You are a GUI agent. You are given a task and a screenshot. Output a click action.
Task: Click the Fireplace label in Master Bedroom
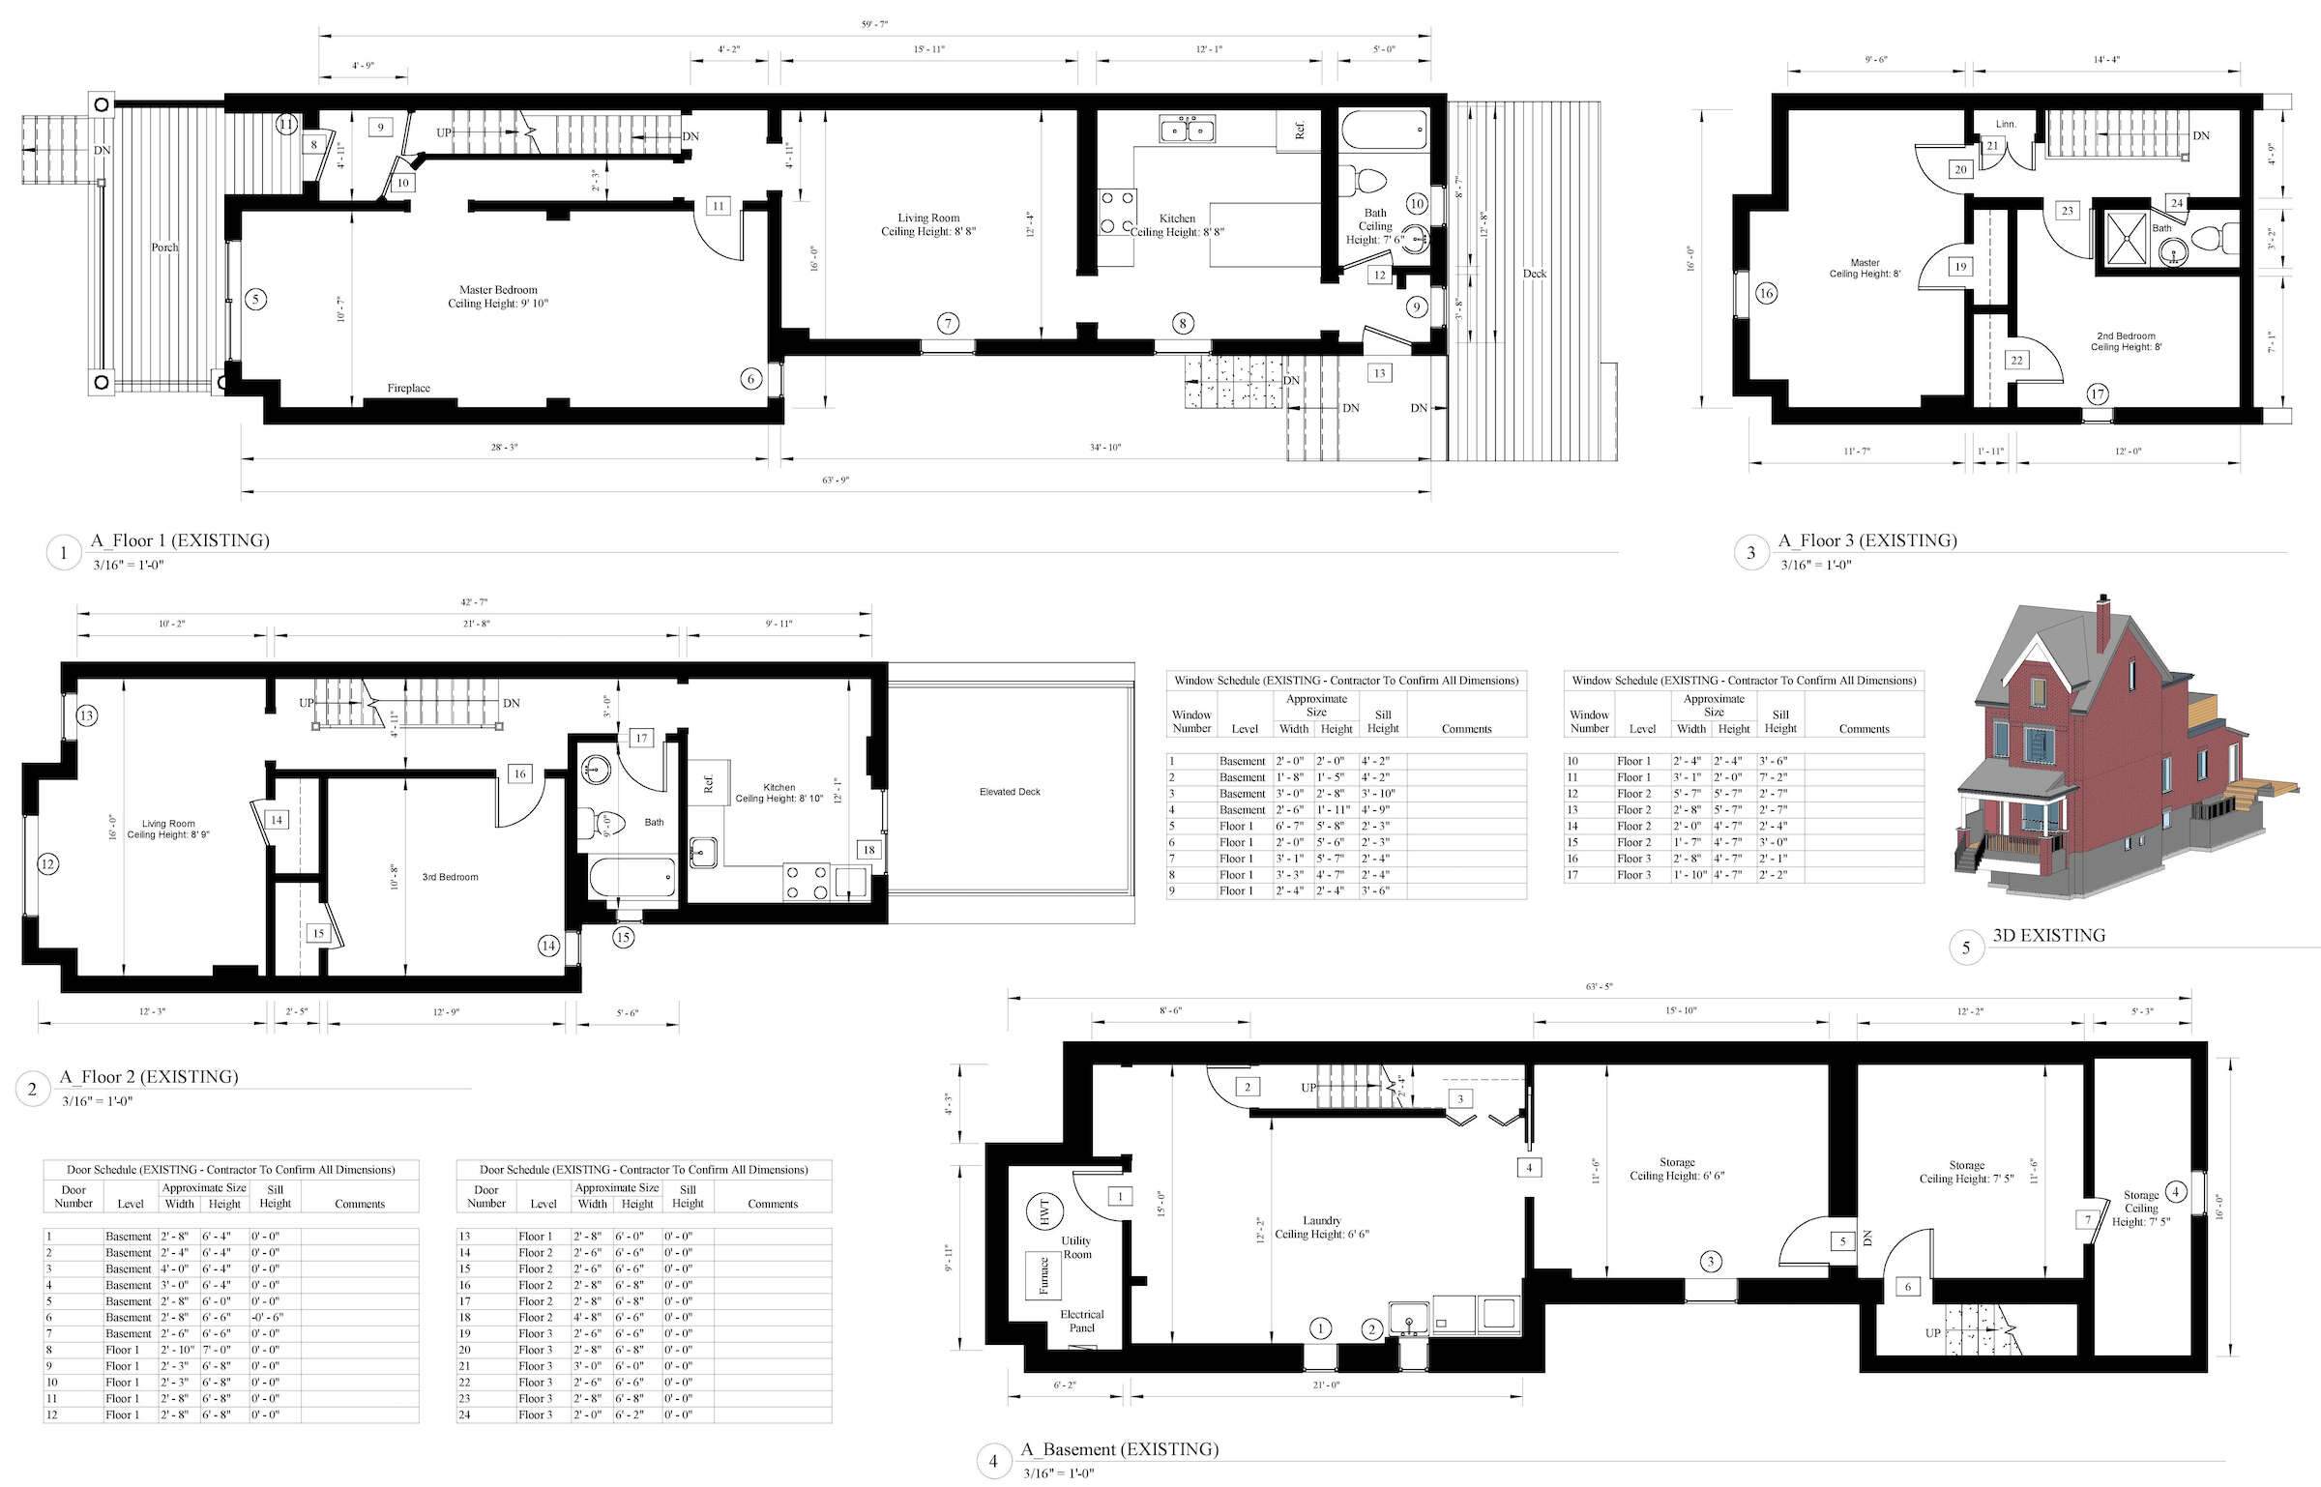point(408,388)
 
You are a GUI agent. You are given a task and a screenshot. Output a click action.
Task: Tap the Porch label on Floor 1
point(164,248)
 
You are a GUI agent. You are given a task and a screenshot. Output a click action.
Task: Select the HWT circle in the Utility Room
point(1044,1212)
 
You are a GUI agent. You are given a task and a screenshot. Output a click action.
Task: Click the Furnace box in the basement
point(1043,1275)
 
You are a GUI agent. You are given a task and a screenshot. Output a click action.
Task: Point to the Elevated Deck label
point(1010,792)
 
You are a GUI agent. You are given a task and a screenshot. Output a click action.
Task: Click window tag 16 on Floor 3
point(1766,293)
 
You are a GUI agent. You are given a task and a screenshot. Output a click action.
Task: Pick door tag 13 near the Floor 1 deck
point(1379,373)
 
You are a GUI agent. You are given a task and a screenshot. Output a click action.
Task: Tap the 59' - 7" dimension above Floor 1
point(874,24)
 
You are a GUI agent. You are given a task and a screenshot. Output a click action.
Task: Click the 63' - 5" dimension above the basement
point(1600,987)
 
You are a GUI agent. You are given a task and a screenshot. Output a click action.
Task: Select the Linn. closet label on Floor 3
point(2007,124)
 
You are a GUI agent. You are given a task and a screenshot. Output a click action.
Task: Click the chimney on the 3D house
point(2102,624)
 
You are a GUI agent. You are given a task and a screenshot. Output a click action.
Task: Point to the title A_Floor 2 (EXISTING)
point(149,1076)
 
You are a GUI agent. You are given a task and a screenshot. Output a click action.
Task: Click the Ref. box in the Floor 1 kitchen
point(1300,131)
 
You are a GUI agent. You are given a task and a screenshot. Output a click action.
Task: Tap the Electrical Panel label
point(1081,1321)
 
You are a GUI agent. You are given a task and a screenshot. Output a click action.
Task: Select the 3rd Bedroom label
point(450,877)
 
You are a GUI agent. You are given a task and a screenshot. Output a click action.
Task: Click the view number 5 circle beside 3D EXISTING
point(1965,948)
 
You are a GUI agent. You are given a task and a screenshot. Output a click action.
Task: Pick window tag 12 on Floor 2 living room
point(47,863)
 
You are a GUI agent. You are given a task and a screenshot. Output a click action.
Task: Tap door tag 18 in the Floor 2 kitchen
point(868,850)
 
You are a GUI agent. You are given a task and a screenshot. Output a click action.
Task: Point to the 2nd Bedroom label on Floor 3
point(2124,341)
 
